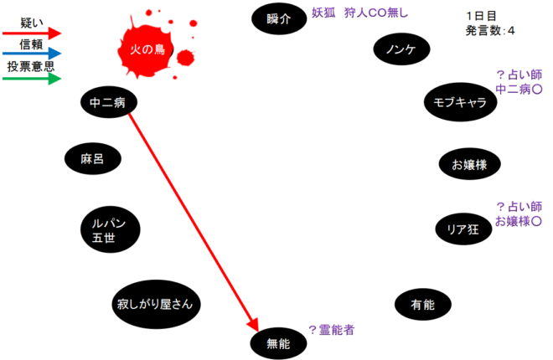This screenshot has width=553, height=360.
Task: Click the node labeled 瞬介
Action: (279, 18)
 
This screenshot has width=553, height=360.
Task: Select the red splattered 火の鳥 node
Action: (147, 49)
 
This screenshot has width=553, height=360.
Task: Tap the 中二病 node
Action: (109, 102)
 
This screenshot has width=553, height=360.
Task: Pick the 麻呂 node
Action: (93, 158)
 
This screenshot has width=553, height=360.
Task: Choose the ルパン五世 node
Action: (110, 229)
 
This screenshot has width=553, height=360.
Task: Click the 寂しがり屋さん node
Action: (156, 305)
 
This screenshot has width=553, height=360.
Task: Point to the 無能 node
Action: (278, 343)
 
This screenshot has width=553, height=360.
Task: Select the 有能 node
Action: (423, 305)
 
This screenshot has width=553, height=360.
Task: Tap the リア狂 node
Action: (463, 229)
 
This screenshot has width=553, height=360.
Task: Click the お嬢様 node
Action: (470, 164)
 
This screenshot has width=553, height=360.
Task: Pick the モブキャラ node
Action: (460, 102)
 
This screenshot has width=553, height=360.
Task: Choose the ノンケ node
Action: (401, 49)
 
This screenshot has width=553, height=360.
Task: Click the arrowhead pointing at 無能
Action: (255, 326)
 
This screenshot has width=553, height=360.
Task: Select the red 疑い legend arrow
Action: (32, 33)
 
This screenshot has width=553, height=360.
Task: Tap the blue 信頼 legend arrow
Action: (32, 54)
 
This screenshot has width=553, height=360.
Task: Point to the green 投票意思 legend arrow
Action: (32, 78)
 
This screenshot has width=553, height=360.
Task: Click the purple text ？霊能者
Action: (331, 330)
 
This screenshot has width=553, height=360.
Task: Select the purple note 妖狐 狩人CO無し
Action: (359, 13)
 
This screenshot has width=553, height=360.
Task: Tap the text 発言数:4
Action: (490, 31)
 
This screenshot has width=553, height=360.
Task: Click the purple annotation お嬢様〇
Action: (519, 221)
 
